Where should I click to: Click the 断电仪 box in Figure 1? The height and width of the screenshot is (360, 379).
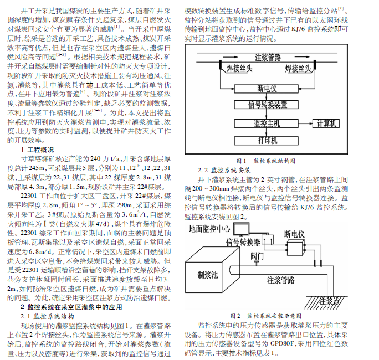pos(267,88)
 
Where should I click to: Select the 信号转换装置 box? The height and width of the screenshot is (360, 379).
pos(267,105)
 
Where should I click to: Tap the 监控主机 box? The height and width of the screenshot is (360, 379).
pos(267,122)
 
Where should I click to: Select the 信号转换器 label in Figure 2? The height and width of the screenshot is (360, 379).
pos(244,242)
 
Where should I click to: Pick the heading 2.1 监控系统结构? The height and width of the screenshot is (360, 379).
pos(44,316)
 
